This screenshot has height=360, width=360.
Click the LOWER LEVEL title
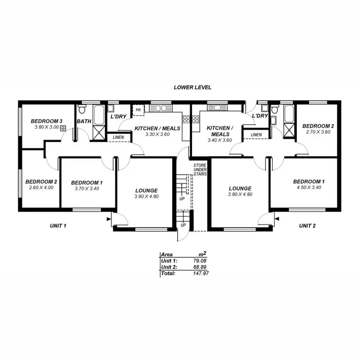tap(192, 88)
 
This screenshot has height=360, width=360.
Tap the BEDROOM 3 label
tap(47, 121)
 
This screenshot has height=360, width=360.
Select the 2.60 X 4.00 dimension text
tap(42, 188)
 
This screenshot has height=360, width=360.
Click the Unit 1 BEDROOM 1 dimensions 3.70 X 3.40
tap(86, 189)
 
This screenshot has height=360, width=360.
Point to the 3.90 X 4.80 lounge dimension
tap(146, 196)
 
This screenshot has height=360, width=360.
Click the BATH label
tap(84, 122)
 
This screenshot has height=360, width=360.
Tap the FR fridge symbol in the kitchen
tap(139, 110)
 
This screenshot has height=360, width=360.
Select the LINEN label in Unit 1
tap(118, 138)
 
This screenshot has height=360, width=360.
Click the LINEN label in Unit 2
tap(256, 135)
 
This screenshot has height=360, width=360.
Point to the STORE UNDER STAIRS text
tap(200, 169)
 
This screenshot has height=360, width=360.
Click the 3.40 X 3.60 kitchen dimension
tap(219, 140)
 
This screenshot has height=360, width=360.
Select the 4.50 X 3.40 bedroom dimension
tap(309, 187)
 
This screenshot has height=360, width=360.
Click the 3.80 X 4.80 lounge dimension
tap(240, 194)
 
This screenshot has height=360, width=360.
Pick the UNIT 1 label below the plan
tap(58, 226)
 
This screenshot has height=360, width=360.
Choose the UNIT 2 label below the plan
tap(307, 226)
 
